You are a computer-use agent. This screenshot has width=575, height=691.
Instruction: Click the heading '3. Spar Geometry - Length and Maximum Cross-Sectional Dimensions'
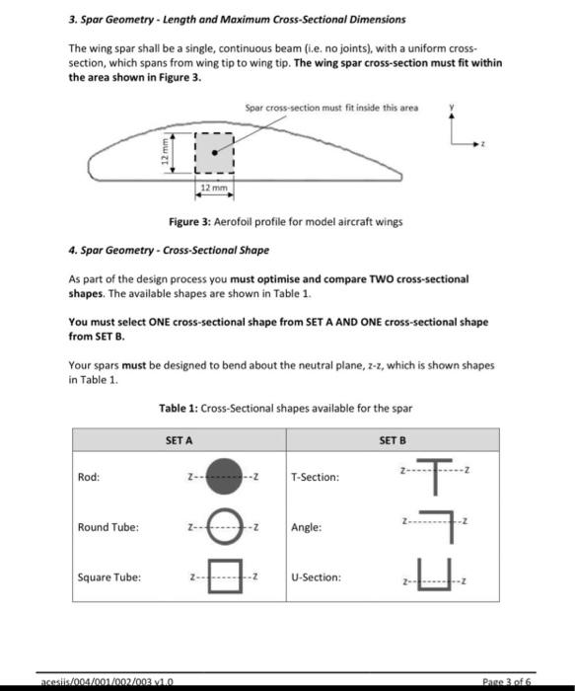pyautogui.click(x=237, y=19)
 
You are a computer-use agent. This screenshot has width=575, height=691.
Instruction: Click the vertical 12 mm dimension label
pyautogui.click(x=169, y=154)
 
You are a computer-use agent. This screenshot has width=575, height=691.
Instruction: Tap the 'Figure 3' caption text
pyautogui.click(x=286, y=222)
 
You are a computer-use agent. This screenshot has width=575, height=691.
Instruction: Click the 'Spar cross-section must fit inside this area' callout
pyautogui.click(x=331, y=107)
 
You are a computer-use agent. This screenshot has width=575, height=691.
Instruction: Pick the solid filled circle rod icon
pyautogui.click(x=224, y=478)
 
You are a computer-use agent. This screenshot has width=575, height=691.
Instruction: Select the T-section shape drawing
pyautogui.click(x=434, y=475)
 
